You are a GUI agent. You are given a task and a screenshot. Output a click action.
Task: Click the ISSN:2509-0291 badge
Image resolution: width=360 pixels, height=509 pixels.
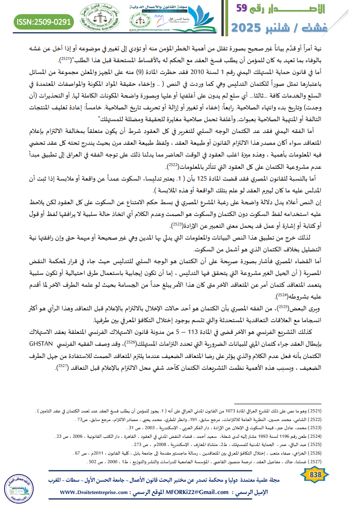44,21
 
